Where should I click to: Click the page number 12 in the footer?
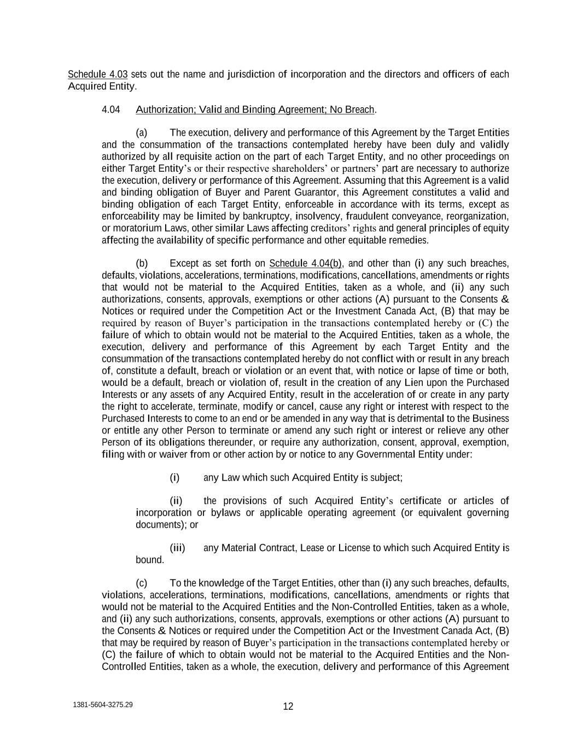tap(288, 706)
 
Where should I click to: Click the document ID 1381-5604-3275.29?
tap(102, 705)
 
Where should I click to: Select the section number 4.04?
tap(110, 109)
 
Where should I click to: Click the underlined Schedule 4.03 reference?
tap(97, 74)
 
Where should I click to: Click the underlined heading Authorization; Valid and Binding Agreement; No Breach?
tap(255, 109)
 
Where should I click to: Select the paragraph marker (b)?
tap(142, 263)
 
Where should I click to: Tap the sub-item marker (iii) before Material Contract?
tap(177, 548)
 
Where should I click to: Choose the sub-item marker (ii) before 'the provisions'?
tap(176, 501)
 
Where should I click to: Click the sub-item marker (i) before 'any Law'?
tap(174, 478)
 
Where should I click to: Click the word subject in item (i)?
tap(386, 478)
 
